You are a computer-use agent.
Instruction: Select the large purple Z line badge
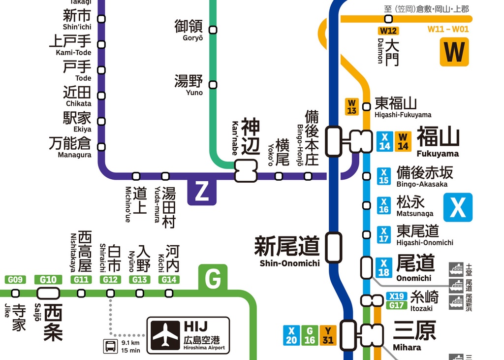point(202,192)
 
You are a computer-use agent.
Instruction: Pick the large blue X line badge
point(458,207)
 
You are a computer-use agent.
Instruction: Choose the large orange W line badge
point(454,52)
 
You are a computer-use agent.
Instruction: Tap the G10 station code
point(48,280)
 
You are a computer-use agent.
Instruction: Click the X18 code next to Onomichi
point(384,267)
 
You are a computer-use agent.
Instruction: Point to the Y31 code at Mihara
point(328,335)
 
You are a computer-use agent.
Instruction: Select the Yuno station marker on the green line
point(213,85)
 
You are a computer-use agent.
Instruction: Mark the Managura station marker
point(101,147)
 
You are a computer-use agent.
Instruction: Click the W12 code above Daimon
point(388,31)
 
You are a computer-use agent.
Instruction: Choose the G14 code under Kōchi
point(169,280)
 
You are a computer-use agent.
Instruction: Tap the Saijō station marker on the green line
point(48,294)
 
